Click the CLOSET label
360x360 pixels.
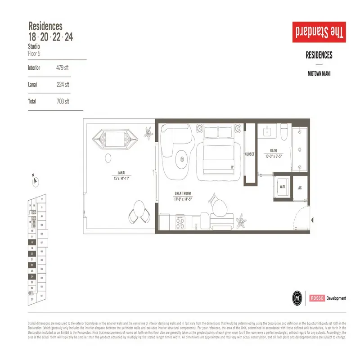pos(249,154)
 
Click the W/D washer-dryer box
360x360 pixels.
pos(282,186)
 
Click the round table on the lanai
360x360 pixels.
pos(108,158)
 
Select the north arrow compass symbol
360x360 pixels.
pos(35,181)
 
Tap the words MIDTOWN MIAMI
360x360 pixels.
pos(319,73)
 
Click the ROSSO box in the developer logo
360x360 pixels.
pos(316,298)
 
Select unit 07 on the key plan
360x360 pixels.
pos(41,242)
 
